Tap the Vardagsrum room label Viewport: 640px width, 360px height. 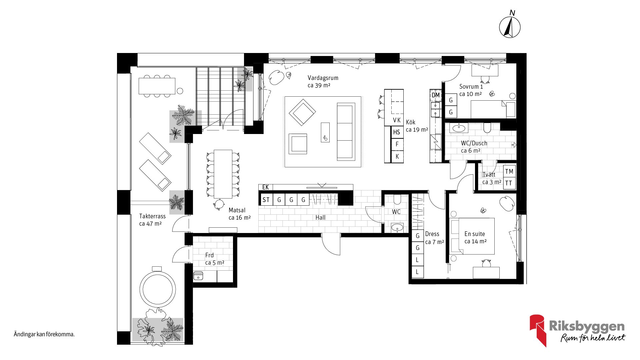coord(323,78)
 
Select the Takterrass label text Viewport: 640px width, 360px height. coord(152,216)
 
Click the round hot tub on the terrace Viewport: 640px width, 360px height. coord(157,289)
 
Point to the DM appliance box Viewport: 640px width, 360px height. coord(436,95)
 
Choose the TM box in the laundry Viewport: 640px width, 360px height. coord(509,172)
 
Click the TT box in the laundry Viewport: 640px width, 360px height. coord(509,183)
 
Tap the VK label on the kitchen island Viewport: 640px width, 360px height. coord(397,120)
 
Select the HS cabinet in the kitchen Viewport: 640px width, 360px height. coord(397,132)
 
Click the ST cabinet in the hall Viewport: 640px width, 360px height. coord(266,200)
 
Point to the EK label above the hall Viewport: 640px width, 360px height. coord(266,187)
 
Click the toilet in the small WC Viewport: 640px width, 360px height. coord(397,199)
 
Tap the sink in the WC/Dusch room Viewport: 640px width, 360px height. coord(459,128)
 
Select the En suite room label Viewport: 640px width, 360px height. coord(475,234)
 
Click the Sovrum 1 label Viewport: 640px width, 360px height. coord(471,87)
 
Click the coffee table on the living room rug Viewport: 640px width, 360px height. coord(325,132)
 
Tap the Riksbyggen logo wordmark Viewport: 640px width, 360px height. coord(587,326)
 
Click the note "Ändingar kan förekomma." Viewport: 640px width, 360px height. coord(44,334)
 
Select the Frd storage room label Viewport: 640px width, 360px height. coord(209,255)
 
